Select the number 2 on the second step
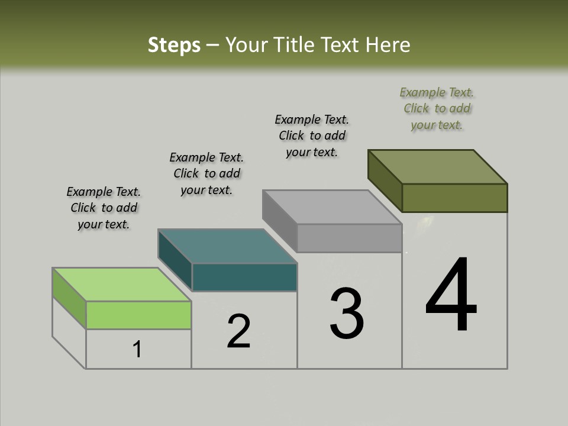239,331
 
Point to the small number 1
137,350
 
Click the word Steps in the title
174,45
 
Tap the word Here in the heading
389,45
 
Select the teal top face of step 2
227,246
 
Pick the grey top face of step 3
332,207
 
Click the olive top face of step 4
437,167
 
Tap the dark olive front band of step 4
454,198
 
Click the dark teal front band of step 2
244,277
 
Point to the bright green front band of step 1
138,315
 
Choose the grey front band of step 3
349,238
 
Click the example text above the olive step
437,109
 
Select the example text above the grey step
312,135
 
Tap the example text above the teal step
206,173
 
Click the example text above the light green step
104,208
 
